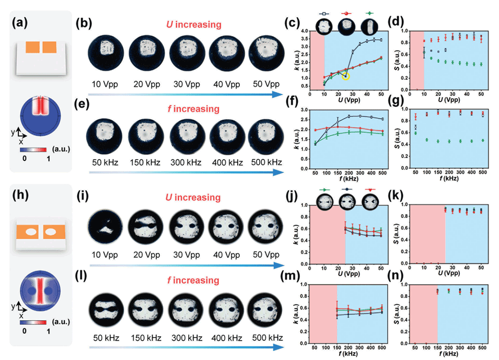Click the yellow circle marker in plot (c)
[345, 76]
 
